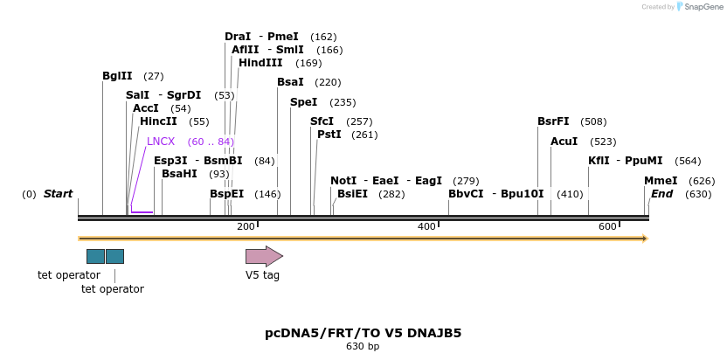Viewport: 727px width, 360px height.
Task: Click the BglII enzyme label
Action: pos(117,76)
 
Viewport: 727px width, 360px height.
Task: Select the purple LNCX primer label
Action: pos(161,142)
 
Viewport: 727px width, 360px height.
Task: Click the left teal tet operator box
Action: pos(95,256)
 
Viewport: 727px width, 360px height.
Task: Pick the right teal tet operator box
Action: pos(114,256)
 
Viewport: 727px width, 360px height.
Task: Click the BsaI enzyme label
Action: pos(290,82)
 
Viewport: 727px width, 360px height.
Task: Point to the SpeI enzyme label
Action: pos(303,102)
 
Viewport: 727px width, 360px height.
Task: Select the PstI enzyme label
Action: pos(329,135)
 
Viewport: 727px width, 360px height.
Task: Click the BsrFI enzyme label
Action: pos(553,121)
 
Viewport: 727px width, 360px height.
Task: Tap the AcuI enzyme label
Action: pos(564,142)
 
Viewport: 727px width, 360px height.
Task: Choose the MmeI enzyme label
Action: pos(661,181)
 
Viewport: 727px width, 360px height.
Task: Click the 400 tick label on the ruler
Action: pos(426,227)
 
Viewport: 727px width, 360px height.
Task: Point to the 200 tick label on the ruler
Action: pos(246,227)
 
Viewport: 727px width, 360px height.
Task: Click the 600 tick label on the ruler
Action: pos(607,227)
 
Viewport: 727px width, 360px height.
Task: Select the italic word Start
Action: pos(58,194)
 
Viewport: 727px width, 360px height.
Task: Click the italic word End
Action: pos(661,194)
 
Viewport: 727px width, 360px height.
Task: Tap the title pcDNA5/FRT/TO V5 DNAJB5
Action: pos(363,333)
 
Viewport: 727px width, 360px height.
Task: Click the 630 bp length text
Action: pos(363,347)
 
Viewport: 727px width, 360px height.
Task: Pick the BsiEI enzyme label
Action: pos(352,194)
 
